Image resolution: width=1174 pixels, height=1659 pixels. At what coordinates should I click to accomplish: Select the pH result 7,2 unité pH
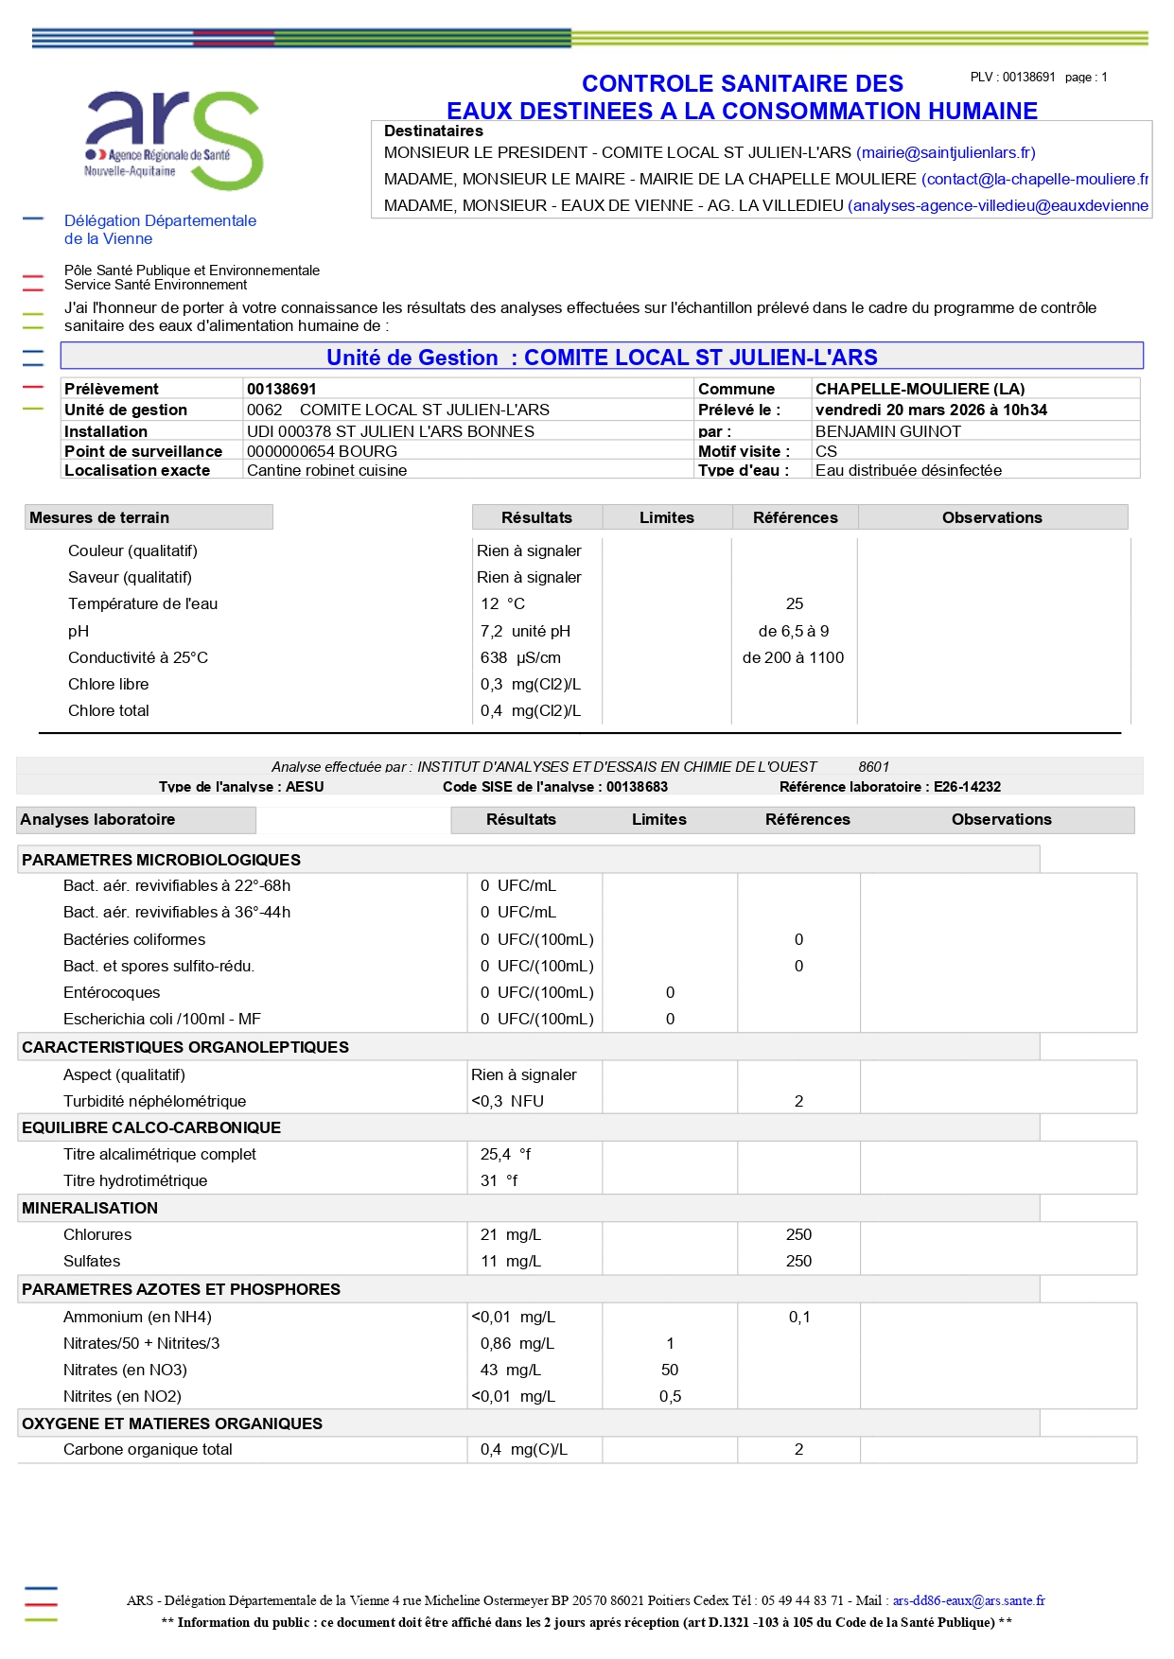coord(525,631)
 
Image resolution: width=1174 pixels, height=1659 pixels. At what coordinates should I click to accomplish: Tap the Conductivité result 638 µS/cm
coord(520,657)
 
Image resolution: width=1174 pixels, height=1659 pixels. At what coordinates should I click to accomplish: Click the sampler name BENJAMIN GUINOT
coord(887,431)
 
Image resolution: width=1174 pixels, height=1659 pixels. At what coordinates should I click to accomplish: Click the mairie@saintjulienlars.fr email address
coord(945,152)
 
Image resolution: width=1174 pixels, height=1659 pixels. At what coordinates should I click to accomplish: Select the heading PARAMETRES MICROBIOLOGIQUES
coord(161,860)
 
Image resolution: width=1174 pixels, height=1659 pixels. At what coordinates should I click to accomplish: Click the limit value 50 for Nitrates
coord(670,1370)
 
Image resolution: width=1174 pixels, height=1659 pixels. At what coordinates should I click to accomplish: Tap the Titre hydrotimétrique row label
coord(135,1180)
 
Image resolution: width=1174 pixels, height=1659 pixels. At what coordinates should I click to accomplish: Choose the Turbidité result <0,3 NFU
coord(508,1101)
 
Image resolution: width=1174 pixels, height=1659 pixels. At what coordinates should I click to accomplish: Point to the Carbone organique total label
coord(148,1449)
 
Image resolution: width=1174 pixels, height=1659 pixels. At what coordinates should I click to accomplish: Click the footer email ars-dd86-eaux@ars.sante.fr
coord(969,1600)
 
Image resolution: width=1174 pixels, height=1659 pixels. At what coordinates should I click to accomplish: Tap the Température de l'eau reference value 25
coord(795,603)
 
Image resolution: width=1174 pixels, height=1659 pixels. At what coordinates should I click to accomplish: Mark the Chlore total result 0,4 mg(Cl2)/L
coord(531,710)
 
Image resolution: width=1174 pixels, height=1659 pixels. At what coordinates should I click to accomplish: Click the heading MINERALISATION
coord(90,1208)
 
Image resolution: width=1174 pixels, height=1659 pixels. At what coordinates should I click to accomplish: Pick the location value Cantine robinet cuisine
coord(327,470)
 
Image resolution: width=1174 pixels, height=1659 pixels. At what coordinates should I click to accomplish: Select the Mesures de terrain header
coord(99,517)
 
